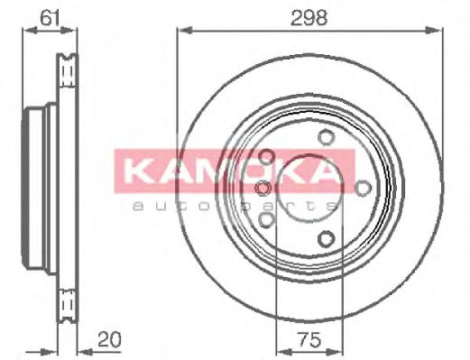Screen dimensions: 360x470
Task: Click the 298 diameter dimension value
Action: tap(309, 16)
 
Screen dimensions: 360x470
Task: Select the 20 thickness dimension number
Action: tap(107, 340)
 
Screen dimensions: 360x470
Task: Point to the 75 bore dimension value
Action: tap(309, 340)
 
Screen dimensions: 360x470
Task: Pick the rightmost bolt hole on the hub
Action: tap(363, 188)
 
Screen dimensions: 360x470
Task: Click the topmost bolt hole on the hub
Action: tap(324, 138)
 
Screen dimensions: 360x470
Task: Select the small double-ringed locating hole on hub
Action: tap(263, 188)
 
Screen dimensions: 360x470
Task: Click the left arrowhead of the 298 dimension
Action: tap(181, 31)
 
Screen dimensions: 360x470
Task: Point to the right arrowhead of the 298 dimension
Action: tap(439, 31)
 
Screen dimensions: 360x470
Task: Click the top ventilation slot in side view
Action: tap(67, 69)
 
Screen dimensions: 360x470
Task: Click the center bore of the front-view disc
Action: tap(309, 188)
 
